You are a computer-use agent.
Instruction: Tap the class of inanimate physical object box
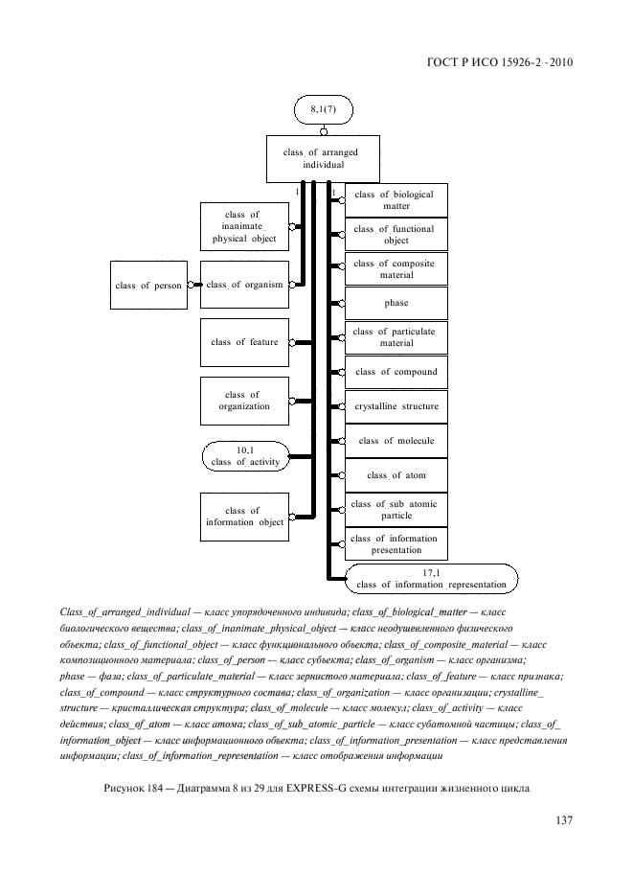coord(244,227)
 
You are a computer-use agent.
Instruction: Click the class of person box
coord(148,285)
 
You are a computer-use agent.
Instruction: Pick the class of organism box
coord(244,285)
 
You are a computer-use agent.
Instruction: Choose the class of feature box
coord(244,342)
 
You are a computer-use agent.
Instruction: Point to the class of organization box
coord(244,401)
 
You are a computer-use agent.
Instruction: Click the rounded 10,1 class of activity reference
coord(244,456)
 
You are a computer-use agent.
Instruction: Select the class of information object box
coord(244,517)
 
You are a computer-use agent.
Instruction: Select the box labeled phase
coord(396,303)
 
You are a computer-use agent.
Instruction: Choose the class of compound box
coord(396,372)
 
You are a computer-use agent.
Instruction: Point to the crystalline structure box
coord(396,406)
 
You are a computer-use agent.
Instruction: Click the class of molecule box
coord(396,441)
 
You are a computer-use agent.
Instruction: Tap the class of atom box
coord(396,475)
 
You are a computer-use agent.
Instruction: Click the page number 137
coord(563,820)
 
